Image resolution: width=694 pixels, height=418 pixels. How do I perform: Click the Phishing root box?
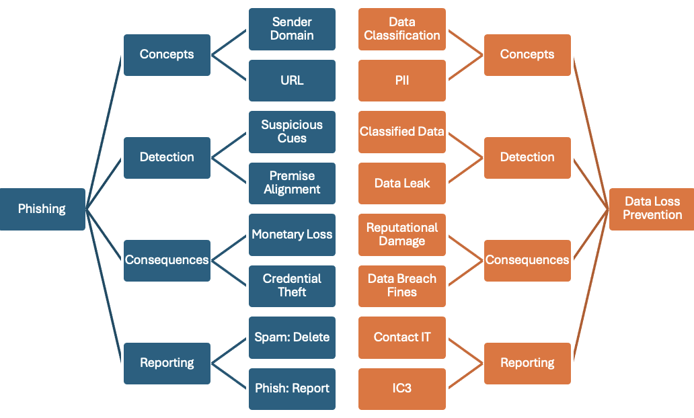[x=42, y=209]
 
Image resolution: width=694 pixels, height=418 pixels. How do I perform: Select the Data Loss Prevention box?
[x=651, y=209]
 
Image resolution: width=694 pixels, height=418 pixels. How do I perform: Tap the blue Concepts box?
[x=167, y=55]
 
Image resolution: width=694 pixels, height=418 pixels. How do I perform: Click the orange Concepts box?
[x=527, y=55]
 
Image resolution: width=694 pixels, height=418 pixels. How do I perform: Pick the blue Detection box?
[x=167, y=158]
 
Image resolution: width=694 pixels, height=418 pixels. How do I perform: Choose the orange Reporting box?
[x=527, y=364]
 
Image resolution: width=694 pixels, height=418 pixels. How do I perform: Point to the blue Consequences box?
[x=167, y=261]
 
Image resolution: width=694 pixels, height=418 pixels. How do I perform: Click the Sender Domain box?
[x=292, y=29]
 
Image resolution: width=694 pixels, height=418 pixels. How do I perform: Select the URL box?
[x=292, y=81]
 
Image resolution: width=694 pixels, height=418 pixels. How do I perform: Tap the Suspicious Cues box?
[x=292, y=132]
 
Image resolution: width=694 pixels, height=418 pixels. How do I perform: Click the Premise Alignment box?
[x=292, y=183]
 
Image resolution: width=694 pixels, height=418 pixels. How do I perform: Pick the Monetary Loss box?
[x=292, y=235]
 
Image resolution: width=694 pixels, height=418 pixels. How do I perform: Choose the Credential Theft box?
[x=292, y=286]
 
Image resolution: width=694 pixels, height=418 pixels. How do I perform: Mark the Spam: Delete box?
[x=292, y=337]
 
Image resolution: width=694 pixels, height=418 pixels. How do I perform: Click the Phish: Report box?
[x=292, y=389]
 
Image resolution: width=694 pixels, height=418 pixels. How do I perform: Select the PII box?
[x=402, y=81]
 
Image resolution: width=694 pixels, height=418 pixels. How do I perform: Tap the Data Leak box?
[x=402, y=183]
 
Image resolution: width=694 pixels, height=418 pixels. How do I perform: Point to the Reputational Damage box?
[x=402, y=235]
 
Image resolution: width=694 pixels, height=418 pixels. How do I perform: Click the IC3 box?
[x=402, y=389]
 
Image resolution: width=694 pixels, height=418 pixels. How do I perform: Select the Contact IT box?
[x=402, y=337]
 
